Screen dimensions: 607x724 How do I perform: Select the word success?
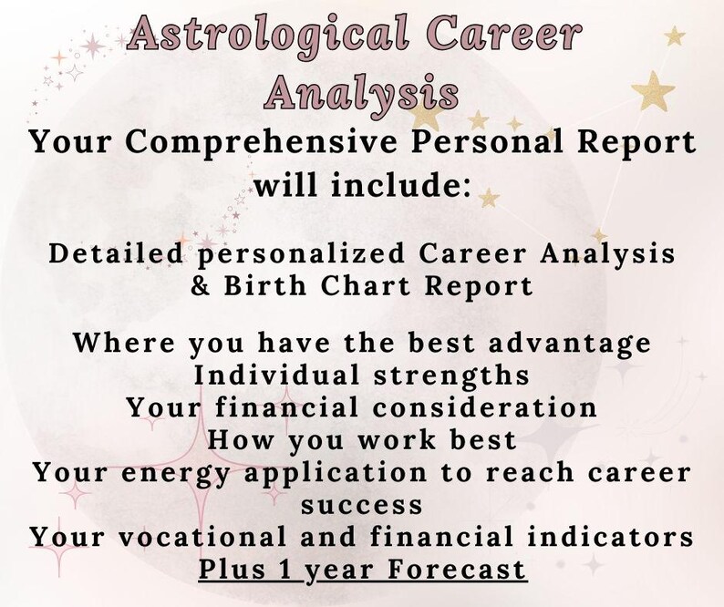361,504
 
